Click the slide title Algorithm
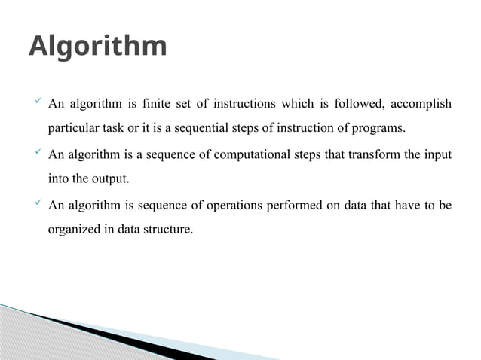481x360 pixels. click(x=97, y=47)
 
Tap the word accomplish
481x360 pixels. click(x=422, y=103)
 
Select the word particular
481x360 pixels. click(x=72, y=128)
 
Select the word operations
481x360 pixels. click(x=229, y=206)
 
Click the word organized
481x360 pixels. click(x=74, y=230)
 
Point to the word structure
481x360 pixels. click(x=170, y=230)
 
